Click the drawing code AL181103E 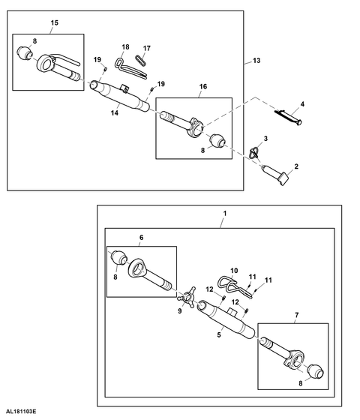point(21,411)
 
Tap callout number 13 point(256,61)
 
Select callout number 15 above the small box point(54,22)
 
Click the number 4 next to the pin point(302,104)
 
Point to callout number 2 point(296,166)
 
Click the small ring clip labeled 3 point(254,153)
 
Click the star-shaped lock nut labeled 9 point(187,298)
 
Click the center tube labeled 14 point(120,96)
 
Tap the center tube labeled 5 point(226,318)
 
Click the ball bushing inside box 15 point(25,52)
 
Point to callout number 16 point(203,86)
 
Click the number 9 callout point(180,310)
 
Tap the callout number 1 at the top point(225,214)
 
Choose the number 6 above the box point(142,237)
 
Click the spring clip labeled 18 point(130,68)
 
